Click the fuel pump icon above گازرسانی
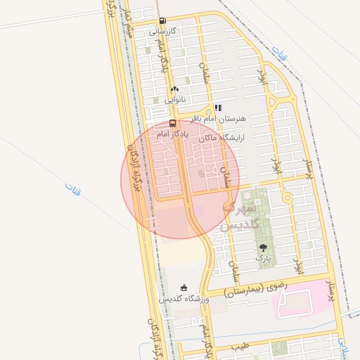pos(163,21)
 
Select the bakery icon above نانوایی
pos(174,89)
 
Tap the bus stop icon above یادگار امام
pos(172,122)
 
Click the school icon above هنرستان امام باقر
pos(218,108)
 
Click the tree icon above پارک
pos(263,247)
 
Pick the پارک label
pos(263,259)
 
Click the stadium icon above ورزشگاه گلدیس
pos(184,287)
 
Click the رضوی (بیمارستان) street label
pos(256,288)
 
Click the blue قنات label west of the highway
pos(73,188)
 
